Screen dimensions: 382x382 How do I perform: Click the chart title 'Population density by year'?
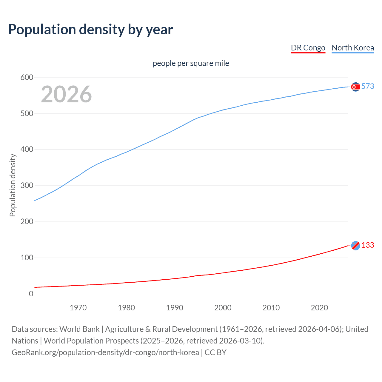[90, 30]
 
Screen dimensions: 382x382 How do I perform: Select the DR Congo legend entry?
[308, 48]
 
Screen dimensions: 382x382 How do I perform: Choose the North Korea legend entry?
[353, 48]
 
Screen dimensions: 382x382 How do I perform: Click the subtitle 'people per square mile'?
[191, 63]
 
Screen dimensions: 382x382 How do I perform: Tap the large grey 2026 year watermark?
[66, 94]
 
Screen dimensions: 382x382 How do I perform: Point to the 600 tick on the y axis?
[27, 78]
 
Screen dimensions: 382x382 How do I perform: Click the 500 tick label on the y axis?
[27, 114]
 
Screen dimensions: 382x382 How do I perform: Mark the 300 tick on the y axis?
[27, 186]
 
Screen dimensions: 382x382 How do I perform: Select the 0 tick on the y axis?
[31, 294]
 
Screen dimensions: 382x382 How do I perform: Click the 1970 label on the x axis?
[78, 308]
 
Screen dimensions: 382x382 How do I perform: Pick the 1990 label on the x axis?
[175, 308]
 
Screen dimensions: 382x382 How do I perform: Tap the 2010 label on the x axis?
[271, 308]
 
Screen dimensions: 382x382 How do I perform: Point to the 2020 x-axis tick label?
[319, 308]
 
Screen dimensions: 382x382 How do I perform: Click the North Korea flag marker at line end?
[355, 87]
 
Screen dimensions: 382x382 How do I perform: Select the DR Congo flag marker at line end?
[355, 246]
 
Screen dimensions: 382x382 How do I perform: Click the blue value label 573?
[368, 86]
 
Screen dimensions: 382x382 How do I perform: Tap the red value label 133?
[368, 245]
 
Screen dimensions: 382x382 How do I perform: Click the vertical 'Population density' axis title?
[13, 185]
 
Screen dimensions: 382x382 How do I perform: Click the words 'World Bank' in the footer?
[79, 329]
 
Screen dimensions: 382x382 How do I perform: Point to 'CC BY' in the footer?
[215, 352]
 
